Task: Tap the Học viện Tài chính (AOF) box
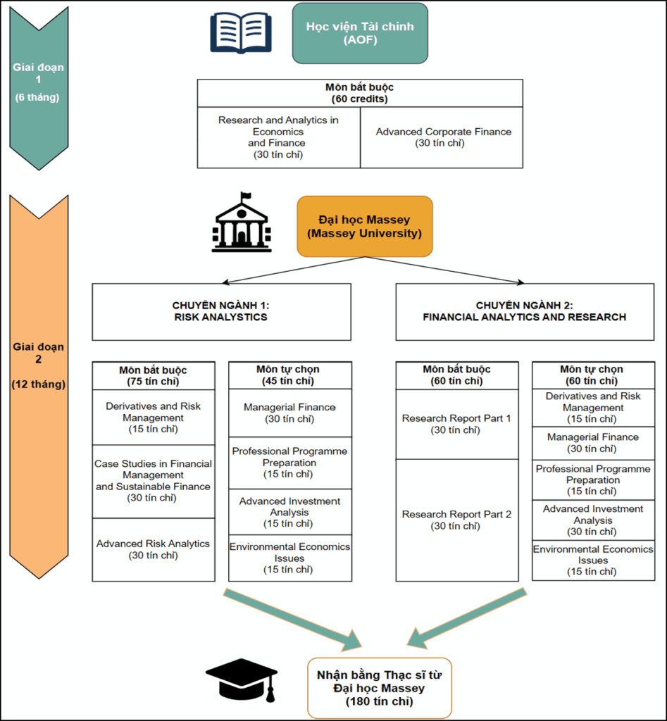[360, 33]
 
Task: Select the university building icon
[241, 222]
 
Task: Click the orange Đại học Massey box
[364, 226]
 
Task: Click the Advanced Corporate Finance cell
[443, 137]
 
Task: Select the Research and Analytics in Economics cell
[278, 137]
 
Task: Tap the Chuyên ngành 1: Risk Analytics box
[221, 311]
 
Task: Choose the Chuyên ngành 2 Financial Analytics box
[524, 311]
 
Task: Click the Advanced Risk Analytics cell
[153, 549]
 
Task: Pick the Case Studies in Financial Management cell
[153, 481]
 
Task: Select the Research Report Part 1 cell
[456, 424]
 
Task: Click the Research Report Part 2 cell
[456, 520]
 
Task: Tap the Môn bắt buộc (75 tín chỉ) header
[153, 375]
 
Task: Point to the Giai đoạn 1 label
[38, 82]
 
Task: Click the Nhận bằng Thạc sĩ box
[379, 688]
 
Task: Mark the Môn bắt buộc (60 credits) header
[360, 93]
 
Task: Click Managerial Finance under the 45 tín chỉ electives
[289, 413]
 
